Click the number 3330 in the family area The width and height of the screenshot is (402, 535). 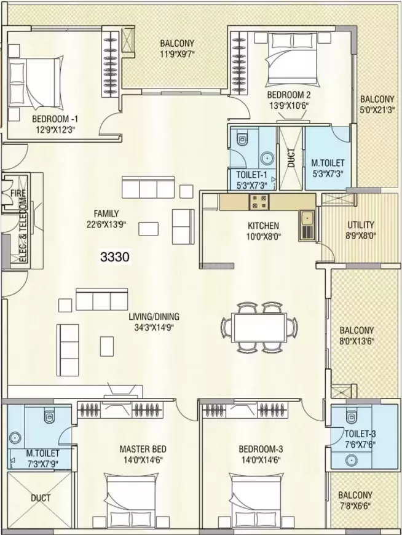pyautogui.click(x=115, y=256)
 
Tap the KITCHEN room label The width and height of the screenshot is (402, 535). pyautogui.click(x=263, y=226)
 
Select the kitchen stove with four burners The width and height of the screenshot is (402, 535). pyautogui.click(x=259, y=202)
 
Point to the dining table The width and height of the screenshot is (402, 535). pyautogui.click(x=259, y=328)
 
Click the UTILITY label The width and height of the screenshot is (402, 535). pyautogui.click(x=361, y=225)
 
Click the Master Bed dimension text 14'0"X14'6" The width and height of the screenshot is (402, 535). pyautogui.click(x=143, y=460)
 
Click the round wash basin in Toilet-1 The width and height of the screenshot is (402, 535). pyautogui.click(x=267, y=158)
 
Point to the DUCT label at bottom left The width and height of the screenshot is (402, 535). pyautogui.click(x=41, y=498)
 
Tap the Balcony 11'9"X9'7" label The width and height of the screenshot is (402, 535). pyautogui.click(x=177, y=48)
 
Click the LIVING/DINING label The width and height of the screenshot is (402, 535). pyautogui.click(x=154, y=317)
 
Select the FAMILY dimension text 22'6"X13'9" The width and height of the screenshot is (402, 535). pyautogui.click(x=106, y=224)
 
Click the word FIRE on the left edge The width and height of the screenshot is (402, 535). pyautogui.click(x=18, y=193)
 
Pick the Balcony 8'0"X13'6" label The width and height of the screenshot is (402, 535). pyautogui.click(x=357, y=335)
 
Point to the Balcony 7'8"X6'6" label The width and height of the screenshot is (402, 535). pyautogui.click(x=355, y=500)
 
